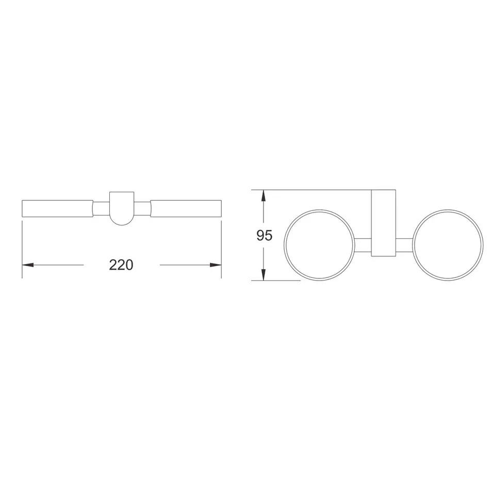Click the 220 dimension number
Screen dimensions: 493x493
click(x=121, y=265)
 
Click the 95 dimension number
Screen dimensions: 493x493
click(x=264, y=235)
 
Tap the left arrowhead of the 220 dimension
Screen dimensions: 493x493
click(x=28, y=265)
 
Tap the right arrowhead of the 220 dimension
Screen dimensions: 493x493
click(x=216, y=265)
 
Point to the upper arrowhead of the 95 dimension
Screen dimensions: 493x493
click(x=264, y=195)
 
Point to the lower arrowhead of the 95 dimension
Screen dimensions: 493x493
click(x=264, y=274)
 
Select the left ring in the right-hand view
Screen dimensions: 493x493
click(x=284, y=245)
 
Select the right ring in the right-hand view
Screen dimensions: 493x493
click(x=413, y=245)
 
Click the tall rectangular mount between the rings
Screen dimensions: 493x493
click(x=384, y=223)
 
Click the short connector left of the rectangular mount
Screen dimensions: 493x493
click(x=363, y=245)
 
